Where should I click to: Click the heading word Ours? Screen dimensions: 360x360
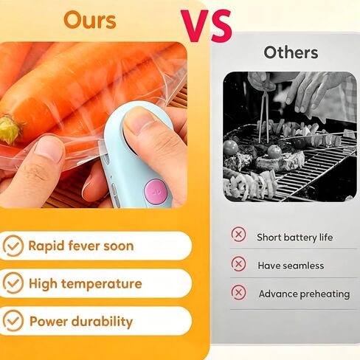pyautogui.click(x=90, y=20)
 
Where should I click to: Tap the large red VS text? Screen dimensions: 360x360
pyautogui.click(x=207, y=26)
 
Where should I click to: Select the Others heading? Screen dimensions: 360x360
pyautogui.click(x=291, y=52)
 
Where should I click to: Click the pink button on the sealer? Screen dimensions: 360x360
pyautogui.click(x=155, y=191)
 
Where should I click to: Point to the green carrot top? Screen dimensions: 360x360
pyautogui.click(x=10, y=130)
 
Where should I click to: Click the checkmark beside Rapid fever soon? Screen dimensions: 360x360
pyautogui.click(x=13, y=246)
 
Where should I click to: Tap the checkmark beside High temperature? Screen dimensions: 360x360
pyautogui.click(x=13, y=283)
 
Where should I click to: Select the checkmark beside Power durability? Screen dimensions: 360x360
pyautogui.click(x=13, y=321)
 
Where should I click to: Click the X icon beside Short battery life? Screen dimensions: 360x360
pyautogui.click(x=238, y=235)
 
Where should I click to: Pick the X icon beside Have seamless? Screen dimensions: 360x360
pyautogui.click(x=238, y=264)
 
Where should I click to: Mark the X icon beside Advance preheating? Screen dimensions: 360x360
pyautogui.click(x=238, y=293)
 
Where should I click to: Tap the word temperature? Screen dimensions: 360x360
pyautogui.click(x=101, y=284)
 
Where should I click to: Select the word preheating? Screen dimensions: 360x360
pyautogui.click(x=325, y=294)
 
